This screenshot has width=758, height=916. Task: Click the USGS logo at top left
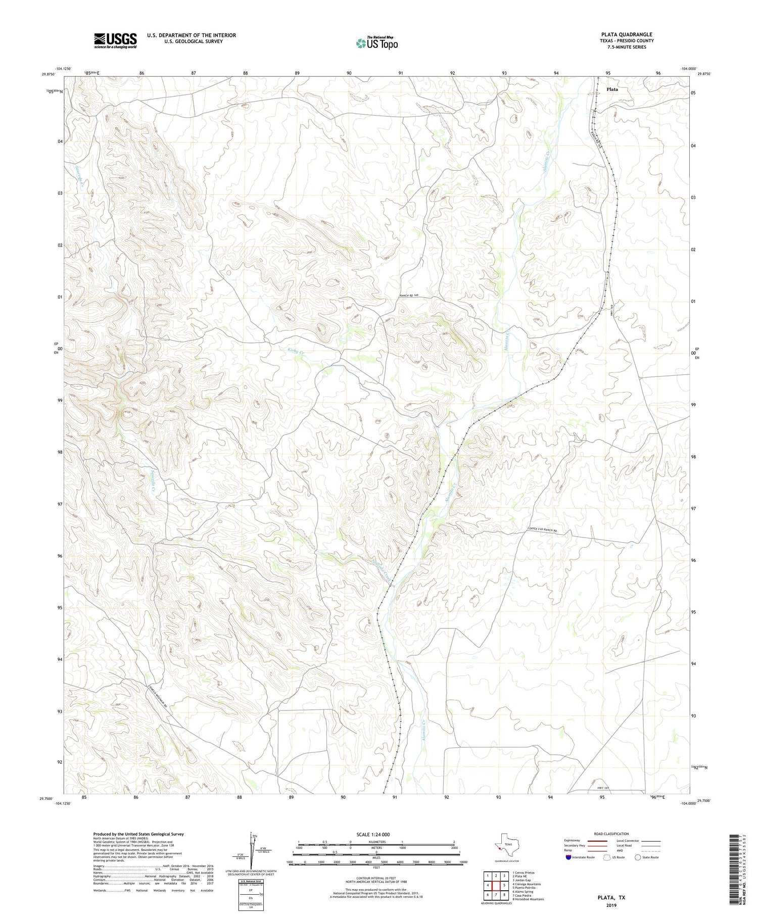coord(115,40)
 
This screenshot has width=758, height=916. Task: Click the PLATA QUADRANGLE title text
coord(626,34)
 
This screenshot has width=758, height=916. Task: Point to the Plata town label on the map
coord(611,89)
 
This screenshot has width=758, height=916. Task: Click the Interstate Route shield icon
coord(569,857)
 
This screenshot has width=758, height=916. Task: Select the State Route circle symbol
coord(638,857)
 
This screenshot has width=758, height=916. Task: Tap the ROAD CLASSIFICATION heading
coord(611,834)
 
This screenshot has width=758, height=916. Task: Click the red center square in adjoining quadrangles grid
coord(496,885)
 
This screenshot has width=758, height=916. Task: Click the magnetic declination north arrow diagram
coord(254,850)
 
